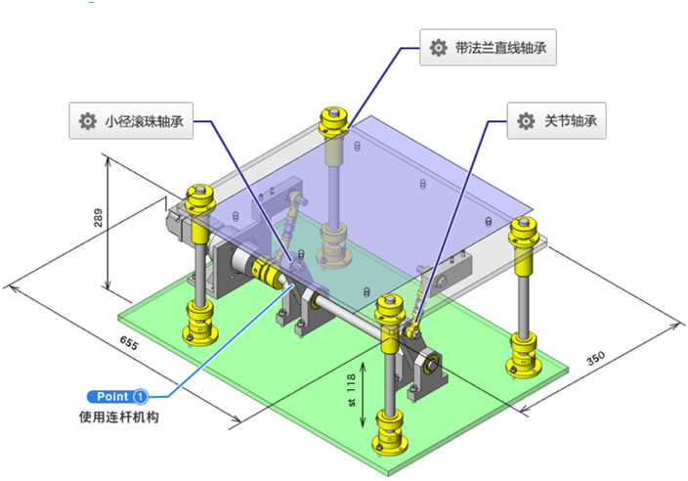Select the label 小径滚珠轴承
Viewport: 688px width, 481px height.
144,122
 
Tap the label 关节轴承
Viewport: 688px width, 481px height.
571,122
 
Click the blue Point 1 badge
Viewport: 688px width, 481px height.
118,397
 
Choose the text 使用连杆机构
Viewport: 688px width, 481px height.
118,417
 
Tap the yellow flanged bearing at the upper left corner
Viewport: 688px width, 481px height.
202,200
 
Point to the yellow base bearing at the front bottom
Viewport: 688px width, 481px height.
391,432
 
